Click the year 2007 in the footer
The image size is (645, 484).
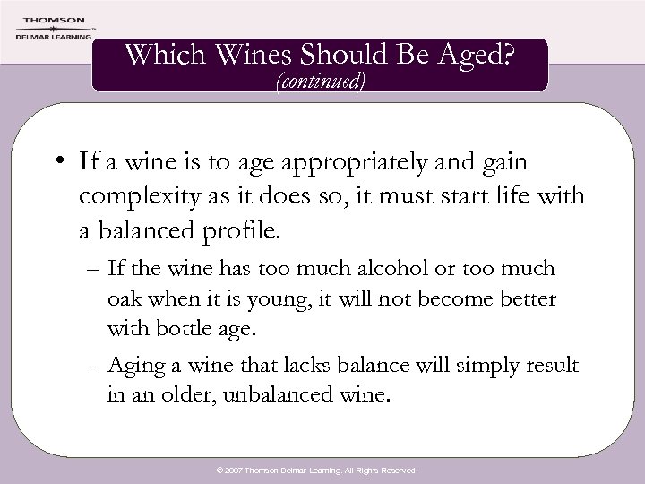click(x=237, y=470)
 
